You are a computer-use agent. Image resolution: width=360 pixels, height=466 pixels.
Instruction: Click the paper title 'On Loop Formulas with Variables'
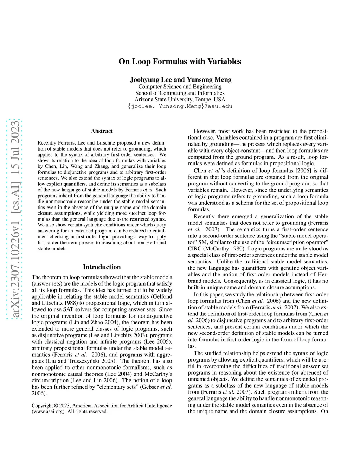click(180, 62)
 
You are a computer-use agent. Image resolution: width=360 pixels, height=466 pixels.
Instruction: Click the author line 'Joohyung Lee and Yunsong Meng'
click(181, 79)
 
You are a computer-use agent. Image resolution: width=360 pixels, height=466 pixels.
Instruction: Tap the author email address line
click(180, 106)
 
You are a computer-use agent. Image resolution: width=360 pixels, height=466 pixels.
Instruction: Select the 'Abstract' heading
click(102, 131)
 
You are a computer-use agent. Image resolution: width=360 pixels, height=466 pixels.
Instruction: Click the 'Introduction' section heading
click(102, 267)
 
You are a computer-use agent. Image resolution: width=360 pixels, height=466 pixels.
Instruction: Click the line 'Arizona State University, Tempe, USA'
click(180, 99)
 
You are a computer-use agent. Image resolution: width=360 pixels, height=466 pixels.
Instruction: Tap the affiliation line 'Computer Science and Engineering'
click(180, 87)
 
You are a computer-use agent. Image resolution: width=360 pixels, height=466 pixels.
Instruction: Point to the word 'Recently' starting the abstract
click(47, 143)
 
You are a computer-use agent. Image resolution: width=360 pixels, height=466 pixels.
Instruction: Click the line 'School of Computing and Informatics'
click(180, 93)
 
